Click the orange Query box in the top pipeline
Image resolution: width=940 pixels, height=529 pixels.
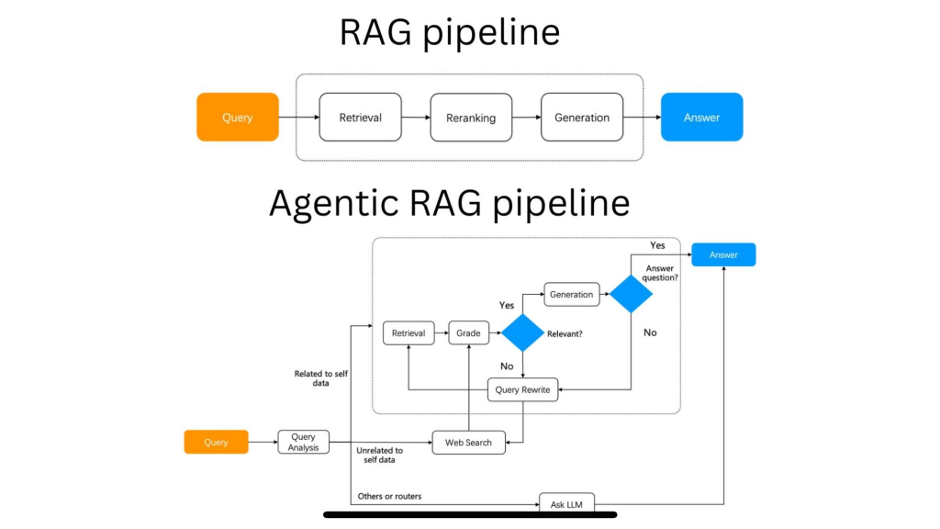pyautogui.click(x=237, y=117)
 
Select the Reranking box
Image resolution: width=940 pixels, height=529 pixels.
pyautogui.click(x=471, y=118)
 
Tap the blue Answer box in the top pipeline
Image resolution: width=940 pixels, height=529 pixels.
pyautogui.click(x=701, y=117)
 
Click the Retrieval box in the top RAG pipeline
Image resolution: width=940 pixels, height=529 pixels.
pyautogui.click(x=360, y=117)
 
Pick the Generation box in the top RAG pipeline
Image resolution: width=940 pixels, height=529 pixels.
pyautogui.click(x=582, y=117)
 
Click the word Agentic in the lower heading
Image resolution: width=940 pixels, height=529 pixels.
pyautogui.click(x=345, y=203)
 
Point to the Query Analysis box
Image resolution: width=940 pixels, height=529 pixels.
pyautogui.click(x=303, y=442)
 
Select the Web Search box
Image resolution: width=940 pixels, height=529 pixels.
pyautogui.click(x=468, y=442)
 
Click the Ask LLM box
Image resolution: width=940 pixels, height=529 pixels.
pyautogui.click(x=566, y=502)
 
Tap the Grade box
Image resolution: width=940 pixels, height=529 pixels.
pyautogui.click(x=469, y=332)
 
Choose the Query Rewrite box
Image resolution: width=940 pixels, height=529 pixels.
pyautogui.click(x=522, y=389)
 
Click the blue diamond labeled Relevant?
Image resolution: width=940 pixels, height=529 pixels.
pyautogui.click(x=523, y=332)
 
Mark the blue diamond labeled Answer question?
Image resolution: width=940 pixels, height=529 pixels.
pyautogui.click(x=631, y=294)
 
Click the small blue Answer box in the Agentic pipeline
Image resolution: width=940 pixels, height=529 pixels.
pyautogui.click(x=723, y=254)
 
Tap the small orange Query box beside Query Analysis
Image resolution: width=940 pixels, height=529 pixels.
pyautogui.click(x=216, y=442)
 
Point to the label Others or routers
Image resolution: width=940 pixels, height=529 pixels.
pyautogui.click(x=389, y=497)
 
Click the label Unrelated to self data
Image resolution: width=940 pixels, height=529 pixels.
pyautogui.click(x=378, y=455)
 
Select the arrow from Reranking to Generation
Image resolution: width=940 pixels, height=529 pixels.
pyautogui.click(x=526, y=118)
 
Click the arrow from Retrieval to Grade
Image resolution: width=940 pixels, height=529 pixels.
pyautogui.click(x=441, y=332)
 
